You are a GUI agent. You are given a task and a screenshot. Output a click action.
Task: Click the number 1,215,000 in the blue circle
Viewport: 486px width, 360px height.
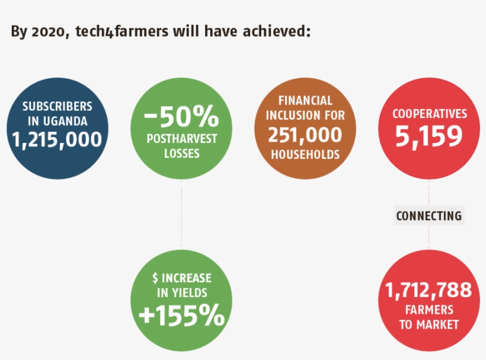coord(57,140)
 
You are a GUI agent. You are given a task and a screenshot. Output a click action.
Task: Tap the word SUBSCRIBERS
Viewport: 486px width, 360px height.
coord(57,107)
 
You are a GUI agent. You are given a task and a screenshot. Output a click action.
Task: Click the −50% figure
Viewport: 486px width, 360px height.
coord(181,117)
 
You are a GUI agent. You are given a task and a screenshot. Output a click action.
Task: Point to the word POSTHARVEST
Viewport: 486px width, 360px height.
coord(181,139)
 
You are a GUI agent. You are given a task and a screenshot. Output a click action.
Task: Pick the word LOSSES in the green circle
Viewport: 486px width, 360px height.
coord(181,153)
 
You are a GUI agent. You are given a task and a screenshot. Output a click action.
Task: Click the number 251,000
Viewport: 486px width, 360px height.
coord(305,135)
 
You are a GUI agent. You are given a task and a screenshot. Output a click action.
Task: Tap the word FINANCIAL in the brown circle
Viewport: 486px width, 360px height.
coord(305,101)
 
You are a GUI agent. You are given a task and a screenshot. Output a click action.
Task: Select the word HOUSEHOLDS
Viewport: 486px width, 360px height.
coord(305,154)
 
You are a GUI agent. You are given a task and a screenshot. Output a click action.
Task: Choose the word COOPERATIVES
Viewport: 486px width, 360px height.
coord(430,114)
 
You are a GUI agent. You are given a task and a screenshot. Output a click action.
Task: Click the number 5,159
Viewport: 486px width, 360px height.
coord(429,137)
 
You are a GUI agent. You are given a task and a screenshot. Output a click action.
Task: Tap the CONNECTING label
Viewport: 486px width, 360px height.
coord(429,216)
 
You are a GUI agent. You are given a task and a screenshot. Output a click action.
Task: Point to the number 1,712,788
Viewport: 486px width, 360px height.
coord(429,291)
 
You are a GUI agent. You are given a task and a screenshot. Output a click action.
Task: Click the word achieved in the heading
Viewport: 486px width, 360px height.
coord(278,31)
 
